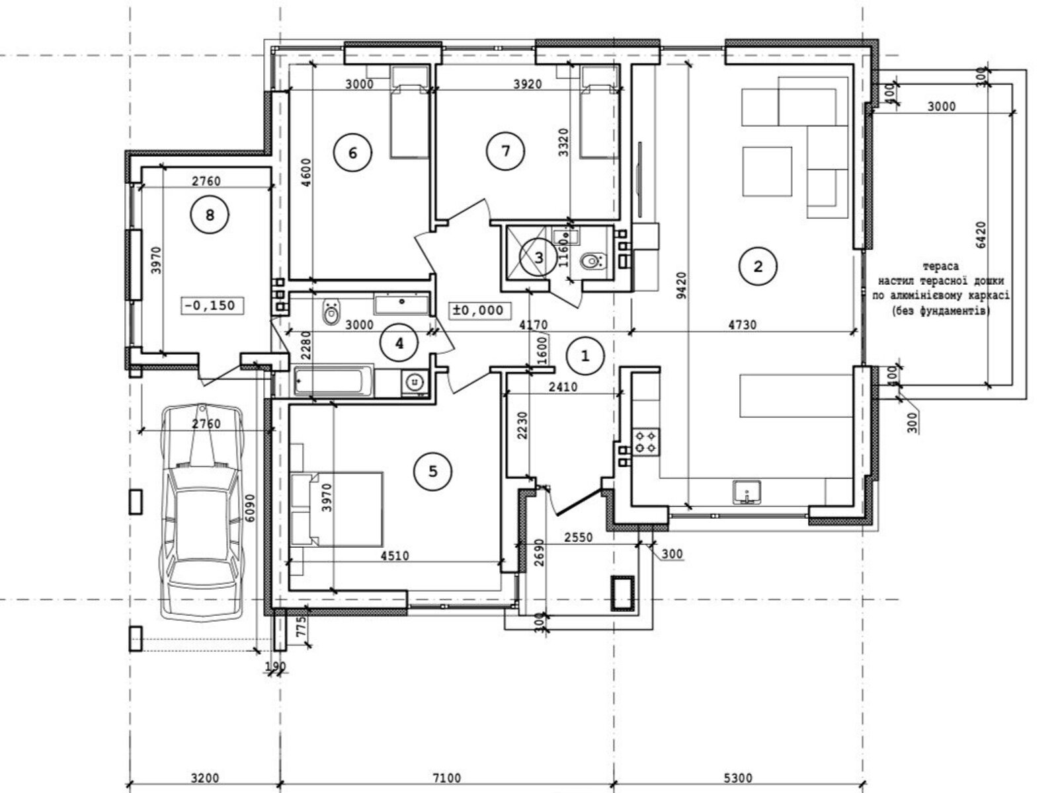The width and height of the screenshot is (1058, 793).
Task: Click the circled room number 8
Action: click(x=210, y=215)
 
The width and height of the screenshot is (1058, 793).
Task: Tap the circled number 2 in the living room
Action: click(x=758, y=266)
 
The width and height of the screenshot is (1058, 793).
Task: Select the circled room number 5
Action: click(x=433, y=471)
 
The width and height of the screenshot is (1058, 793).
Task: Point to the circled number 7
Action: click(x=506, y=151)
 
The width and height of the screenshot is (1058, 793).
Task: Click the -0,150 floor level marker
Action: click(x=212, y=305)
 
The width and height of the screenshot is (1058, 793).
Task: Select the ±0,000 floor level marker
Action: click(x=480, y=310)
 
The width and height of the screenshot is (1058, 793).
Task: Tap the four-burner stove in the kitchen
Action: click(x=646, y=442)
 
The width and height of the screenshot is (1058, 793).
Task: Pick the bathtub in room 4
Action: click(x=333, y=381)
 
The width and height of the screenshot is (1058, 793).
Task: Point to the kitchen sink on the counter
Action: click(x=747, y=492)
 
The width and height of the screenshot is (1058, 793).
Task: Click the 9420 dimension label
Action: click(x=681, y=285)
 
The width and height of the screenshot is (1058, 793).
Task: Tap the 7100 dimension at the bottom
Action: click(x=447, y=778)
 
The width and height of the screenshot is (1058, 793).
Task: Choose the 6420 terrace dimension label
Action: click(x=981, y=235)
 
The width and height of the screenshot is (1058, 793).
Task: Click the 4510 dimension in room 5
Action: click(x=395, y=556)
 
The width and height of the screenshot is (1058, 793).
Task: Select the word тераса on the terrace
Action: click(x=940, y=266)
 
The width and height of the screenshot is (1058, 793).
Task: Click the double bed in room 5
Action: click(x=337, y=509)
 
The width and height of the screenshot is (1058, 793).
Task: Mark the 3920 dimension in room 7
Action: click(x=527, y=85)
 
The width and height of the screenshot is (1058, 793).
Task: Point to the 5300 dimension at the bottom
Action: click(x=738, y=778)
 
